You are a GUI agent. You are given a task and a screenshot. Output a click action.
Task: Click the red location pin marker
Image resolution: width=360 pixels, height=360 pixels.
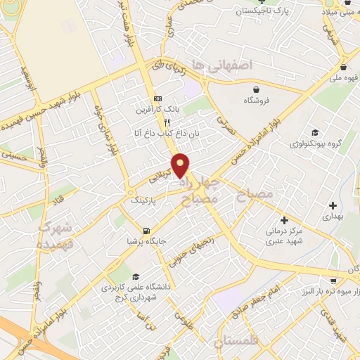(181, 165)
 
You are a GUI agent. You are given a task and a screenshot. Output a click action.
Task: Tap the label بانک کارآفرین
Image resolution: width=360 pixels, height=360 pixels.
(158, 110)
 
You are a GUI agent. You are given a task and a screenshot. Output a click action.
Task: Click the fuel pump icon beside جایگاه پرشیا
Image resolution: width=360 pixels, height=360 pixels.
(146, 231)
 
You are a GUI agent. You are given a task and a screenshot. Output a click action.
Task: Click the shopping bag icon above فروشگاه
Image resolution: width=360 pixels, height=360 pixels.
(258, 89)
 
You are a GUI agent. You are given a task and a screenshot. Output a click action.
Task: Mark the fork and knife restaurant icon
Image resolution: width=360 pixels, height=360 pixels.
(167, 122)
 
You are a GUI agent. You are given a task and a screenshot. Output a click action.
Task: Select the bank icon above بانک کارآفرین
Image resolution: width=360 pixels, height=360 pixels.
(158, 99)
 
